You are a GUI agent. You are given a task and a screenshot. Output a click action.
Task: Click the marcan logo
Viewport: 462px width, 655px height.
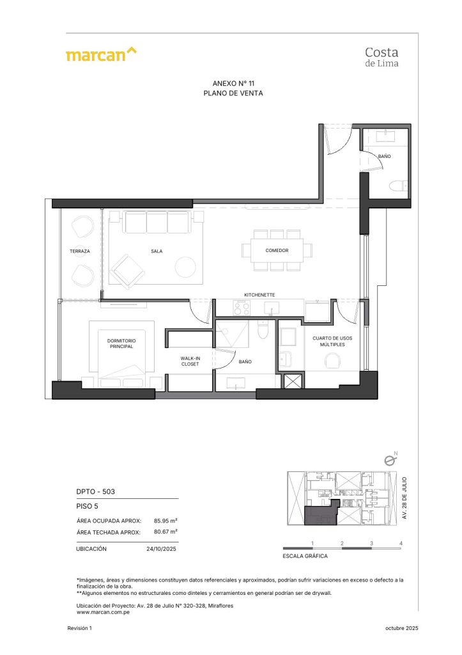[x=101, y=54]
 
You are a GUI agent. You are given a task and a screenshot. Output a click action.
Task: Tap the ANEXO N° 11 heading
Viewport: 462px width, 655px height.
[x=233, y=84]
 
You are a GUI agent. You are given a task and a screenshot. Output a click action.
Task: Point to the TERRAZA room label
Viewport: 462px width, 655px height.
[x=80, y=251]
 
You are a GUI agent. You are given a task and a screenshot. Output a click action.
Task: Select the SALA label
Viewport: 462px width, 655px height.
[x=157, y=251]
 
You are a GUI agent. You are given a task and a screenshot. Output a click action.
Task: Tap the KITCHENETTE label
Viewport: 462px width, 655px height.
[x=259, y=295]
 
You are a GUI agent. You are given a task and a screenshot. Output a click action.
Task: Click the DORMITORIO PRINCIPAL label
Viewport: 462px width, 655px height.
[x=121, y=343]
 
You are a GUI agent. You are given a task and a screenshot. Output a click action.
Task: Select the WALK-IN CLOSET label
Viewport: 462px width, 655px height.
[x=190, y=361]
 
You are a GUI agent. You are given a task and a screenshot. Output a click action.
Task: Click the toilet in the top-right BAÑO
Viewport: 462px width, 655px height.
[x=399, y=186]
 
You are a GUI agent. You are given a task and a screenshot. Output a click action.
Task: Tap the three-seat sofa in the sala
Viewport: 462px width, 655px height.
[x=157, y=223]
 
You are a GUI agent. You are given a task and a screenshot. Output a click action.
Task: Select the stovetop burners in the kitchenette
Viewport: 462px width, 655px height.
[x=242, y=308]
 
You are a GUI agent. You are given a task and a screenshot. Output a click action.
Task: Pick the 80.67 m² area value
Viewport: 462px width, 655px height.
[x=166, y=532]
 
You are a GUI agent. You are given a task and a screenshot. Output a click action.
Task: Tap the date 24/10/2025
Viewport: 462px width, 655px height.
[x=162, y=549]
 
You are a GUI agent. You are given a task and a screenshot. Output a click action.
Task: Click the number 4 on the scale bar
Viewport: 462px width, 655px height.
[x=401, y=543]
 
